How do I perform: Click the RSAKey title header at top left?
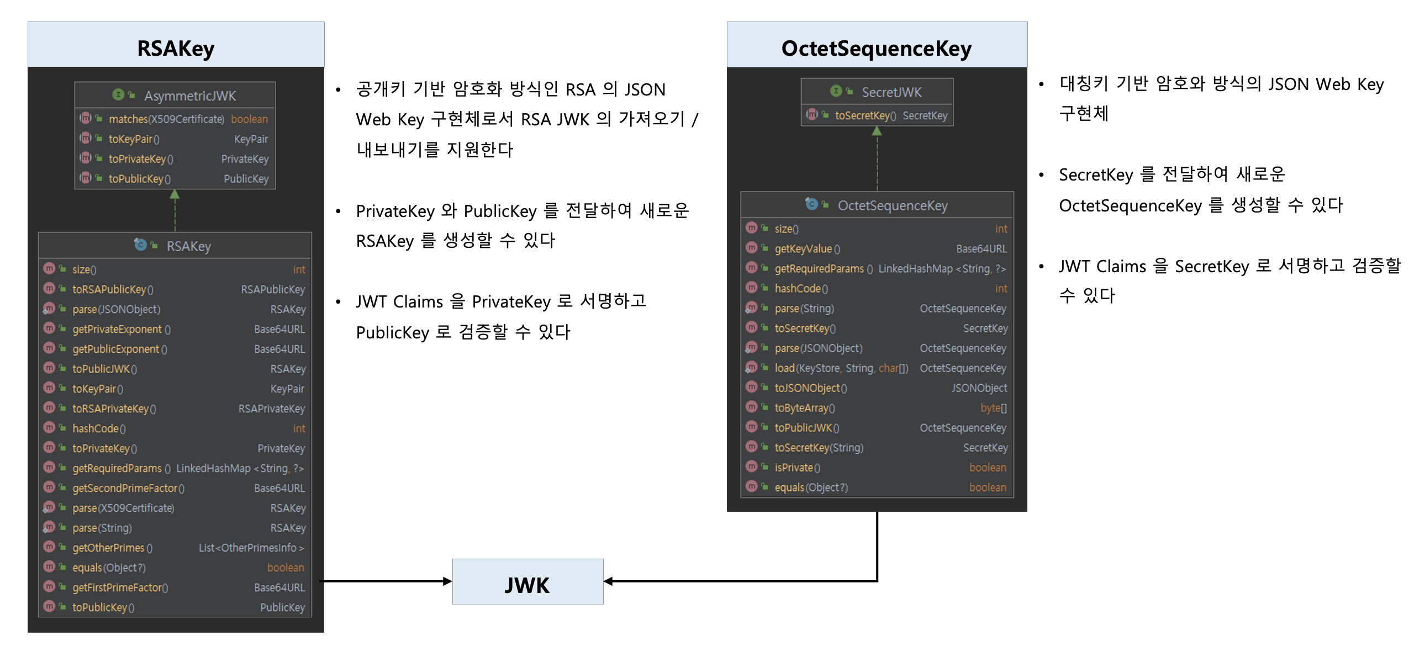coord(176,48)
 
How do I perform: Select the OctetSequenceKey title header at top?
coord(876,48)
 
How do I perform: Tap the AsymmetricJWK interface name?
coord(189,96)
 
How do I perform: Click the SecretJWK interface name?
coord(891,92)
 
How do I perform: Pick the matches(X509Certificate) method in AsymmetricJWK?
coord(166,119)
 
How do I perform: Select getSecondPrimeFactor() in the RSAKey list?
coord(128,489)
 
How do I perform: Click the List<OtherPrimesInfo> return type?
coord(251,548)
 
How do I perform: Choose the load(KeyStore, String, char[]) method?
coord(841,368)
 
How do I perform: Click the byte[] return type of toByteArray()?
coord(993,408)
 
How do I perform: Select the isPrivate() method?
coord(797,468)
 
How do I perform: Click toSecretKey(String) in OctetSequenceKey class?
coord(819,448)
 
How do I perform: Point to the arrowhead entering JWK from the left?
coord(447,581)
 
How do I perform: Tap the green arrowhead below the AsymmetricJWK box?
coord(175,194)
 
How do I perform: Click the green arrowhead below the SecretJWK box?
coord(877,131)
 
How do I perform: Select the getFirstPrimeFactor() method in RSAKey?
coord(120,588)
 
